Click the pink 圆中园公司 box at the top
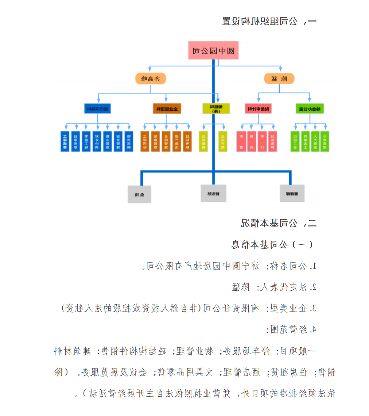pyautogui.click(x=213, y=50)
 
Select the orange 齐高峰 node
pyautogui.click(x=151, y=79)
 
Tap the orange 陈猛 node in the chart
pyautogui.click(x=279, y=79)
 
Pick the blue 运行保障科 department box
pyautogui.click(x=98, y=108)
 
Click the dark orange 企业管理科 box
pyautogui.click(x=166, y=108)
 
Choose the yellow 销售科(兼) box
pyautogui.click(x=216, y=108)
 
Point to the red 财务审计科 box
pyautogui.click(x=259, y=108)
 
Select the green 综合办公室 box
pyautogui.click(x=310, y=108)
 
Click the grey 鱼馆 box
pyautogui.click(x=139, y=194)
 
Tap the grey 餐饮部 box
pyautogui.click(x=213, y=193)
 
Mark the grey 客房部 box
pyautogui.click(x=292, y=193)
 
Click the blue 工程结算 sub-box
pyautogui.click(x=65, y=141)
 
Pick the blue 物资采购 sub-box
pyautogui.click(x=128, y=141)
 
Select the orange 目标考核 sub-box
pyautogui.click(x=187, y=141)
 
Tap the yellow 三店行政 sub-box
pyautogui.click(x=223, y=141)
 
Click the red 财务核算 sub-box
pyautogui.click(x=272, y=141)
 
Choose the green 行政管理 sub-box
pyautogui.click(x=325, y=141)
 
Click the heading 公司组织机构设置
pyautogui.click(x=269, y=21)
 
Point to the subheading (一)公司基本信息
pyautogui.click(x=272, y=244)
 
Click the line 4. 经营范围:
pyautogui.click(x=294, y=329)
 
